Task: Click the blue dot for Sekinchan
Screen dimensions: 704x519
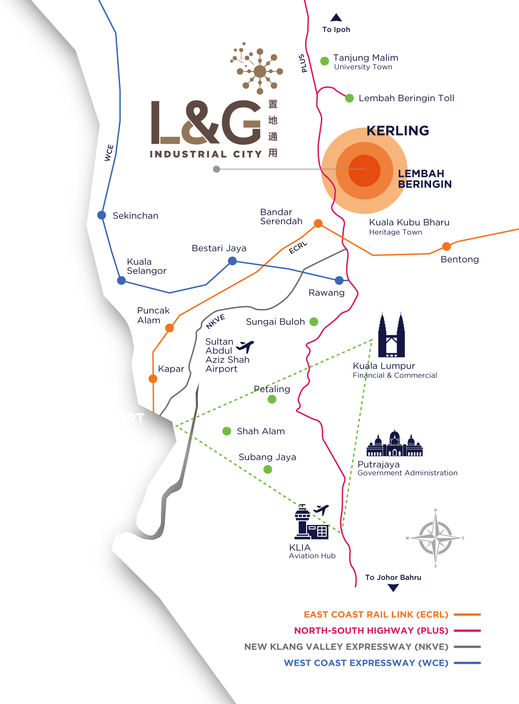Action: coord(102,215)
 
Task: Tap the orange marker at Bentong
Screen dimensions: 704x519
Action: coord(446,246)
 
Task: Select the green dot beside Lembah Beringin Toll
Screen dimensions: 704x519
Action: coord(349,98)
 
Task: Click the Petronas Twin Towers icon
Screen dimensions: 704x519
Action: coord(391,335)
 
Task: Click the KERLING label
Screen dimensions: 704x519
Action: coord(398,131)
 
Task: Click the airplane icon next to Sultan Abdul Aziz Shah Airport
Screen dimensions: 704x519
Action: coord(245,347)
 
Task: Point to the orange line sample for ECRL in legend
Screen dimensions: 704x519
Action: coord(467,615)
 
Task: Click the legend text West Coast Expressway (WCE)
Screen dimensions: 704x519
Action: coord(366,663)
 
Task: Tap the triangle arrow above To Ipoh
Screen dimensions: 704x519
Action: coord(336,17)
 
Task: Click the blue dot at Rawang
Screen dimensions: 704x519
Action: coord(339,280)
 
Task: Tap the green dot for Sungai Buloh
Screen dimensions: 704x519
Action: coord(314,322)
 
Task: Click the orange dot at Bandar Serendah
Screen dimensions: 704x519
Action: coord(318,223)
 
